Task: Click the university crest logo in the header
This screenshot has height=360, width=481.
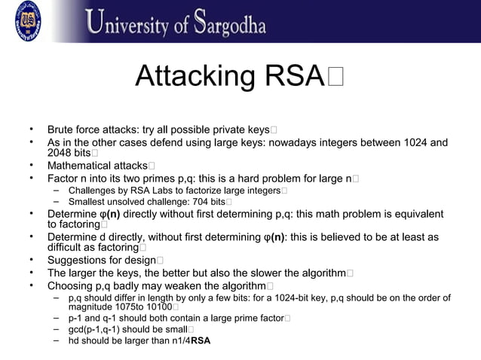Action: point(28,20)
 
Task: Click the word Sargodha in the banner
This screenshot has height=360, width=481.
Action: point(227,23)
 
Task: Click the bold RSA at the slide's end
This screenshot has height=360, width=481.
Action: point(201,341)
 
